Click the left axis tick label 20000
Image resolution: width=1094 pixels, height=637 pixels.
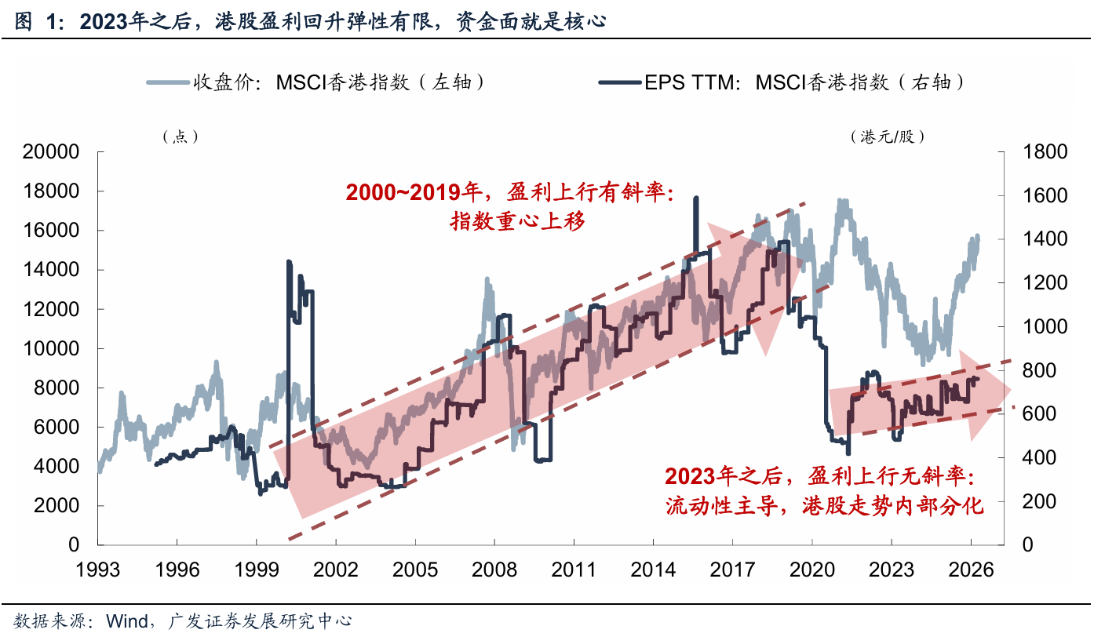coord(51,152)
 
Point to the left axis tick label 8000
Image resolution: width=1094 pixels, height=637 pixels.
coord(57,388)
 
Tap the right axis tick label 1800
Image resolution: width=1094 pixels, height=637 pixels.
coord(1045,152)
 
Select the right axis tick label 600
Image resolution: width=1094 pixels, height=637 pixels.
coord(1039,414)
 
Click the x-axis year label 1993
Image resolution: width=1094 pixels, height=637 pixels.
coord(97,570)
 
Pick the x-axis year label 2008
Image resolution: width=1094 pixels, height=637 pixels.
coord(494,570)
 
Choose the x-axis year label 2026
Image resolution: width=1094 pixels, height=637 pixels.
coord(971,570)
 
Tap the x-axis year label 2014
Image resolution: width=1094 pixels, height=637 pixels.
coord(653,570)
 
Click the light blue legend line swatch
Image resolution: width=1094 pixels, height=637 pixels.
coord(168,82)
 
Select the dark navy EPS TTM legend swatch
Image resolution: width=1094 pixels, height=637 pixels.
coord(620,82)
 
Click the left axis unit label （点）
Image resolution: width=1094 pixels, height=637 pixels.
coord(181,136)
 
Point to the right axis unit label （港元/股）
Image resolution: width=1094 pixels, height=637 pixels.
coord(888,136)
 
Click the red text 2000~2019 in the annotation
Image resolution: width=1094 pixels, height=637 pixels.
coord(403,192)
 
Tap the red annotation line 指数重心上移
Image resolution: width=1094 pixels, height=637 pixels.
coord(517,221)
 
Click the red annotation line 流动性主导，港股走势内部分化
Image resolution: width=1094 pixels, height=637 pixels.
coord(824,506)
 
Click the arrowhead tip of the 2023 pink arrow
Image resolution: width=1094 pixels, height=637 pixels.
coord(1011,391)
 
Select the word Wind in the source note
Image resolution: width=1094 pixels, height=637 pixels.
coord(127,621)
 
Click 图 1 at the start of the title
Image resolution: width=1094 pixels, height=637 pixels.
coord(35,21)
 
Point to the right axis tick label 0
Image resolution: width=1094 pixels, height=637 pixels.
coord(1027,544)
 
